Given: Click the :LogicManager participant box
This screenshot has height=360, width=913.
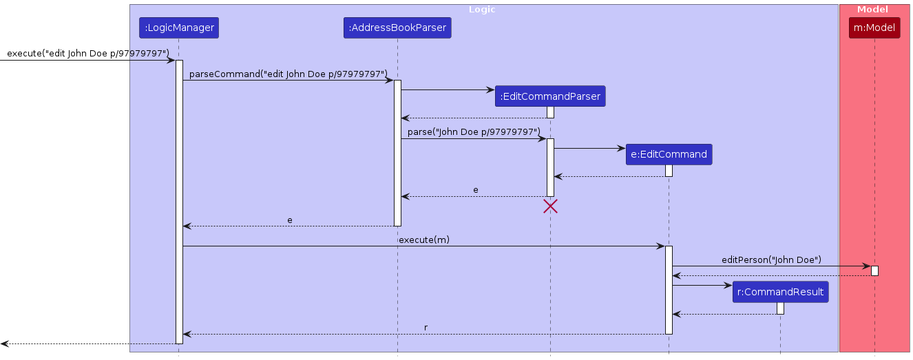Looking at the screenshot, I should tap(179, 28).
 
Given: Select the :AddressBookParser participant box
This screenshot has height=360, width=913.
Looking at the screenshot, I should tap(397, 28).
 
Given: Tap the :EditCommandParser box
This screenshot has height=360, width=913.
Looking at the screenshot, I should tap(550, 96).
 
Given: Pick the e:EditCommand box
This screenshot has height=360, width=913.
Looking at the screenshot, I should tap(669, 154).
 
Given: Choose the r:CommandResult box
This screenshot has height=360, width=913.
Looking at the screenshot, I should tap(780, 292).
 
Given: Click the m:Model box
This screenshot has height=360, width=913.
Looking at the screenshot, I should tap(874, 28).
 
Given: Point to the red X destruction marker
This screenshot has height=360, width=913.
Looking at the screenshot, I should tap(550, 206).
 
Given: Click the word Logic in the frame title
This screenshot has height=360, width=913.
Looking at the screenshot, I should tap(482, 10).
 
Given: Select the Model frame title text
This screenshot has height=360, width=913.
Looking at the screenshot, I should tap(872, 10).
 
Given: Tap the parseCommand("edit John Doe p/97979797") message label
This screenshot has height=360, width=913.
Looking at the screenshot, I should tap(288, 74).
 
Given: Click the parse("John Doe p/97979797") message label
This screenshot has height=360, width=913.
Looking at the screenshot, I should tap(474, 131).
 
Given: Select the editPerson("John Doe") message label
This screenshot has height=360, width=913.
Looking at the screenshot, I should tap(771, 260).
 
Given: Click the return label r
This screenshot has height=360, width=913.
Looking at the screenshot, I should tap(426, 328).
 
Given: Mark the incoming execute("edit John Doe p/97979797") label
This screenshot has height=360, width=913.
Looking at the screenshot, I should tap(88, 54).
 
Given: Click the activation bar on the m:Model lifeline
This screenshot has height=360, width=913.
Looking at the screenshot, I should tap(874, 271).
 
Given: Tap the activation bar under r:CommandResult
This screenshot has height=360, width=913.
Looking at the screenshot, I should tap(780, 308).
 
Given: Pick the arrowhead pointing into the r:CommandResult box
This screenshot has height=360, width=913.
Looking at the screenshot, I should tap(728, 285).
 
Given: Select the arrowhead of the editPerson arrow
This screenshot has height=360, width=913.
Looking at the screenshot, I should tap(867, 266).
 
